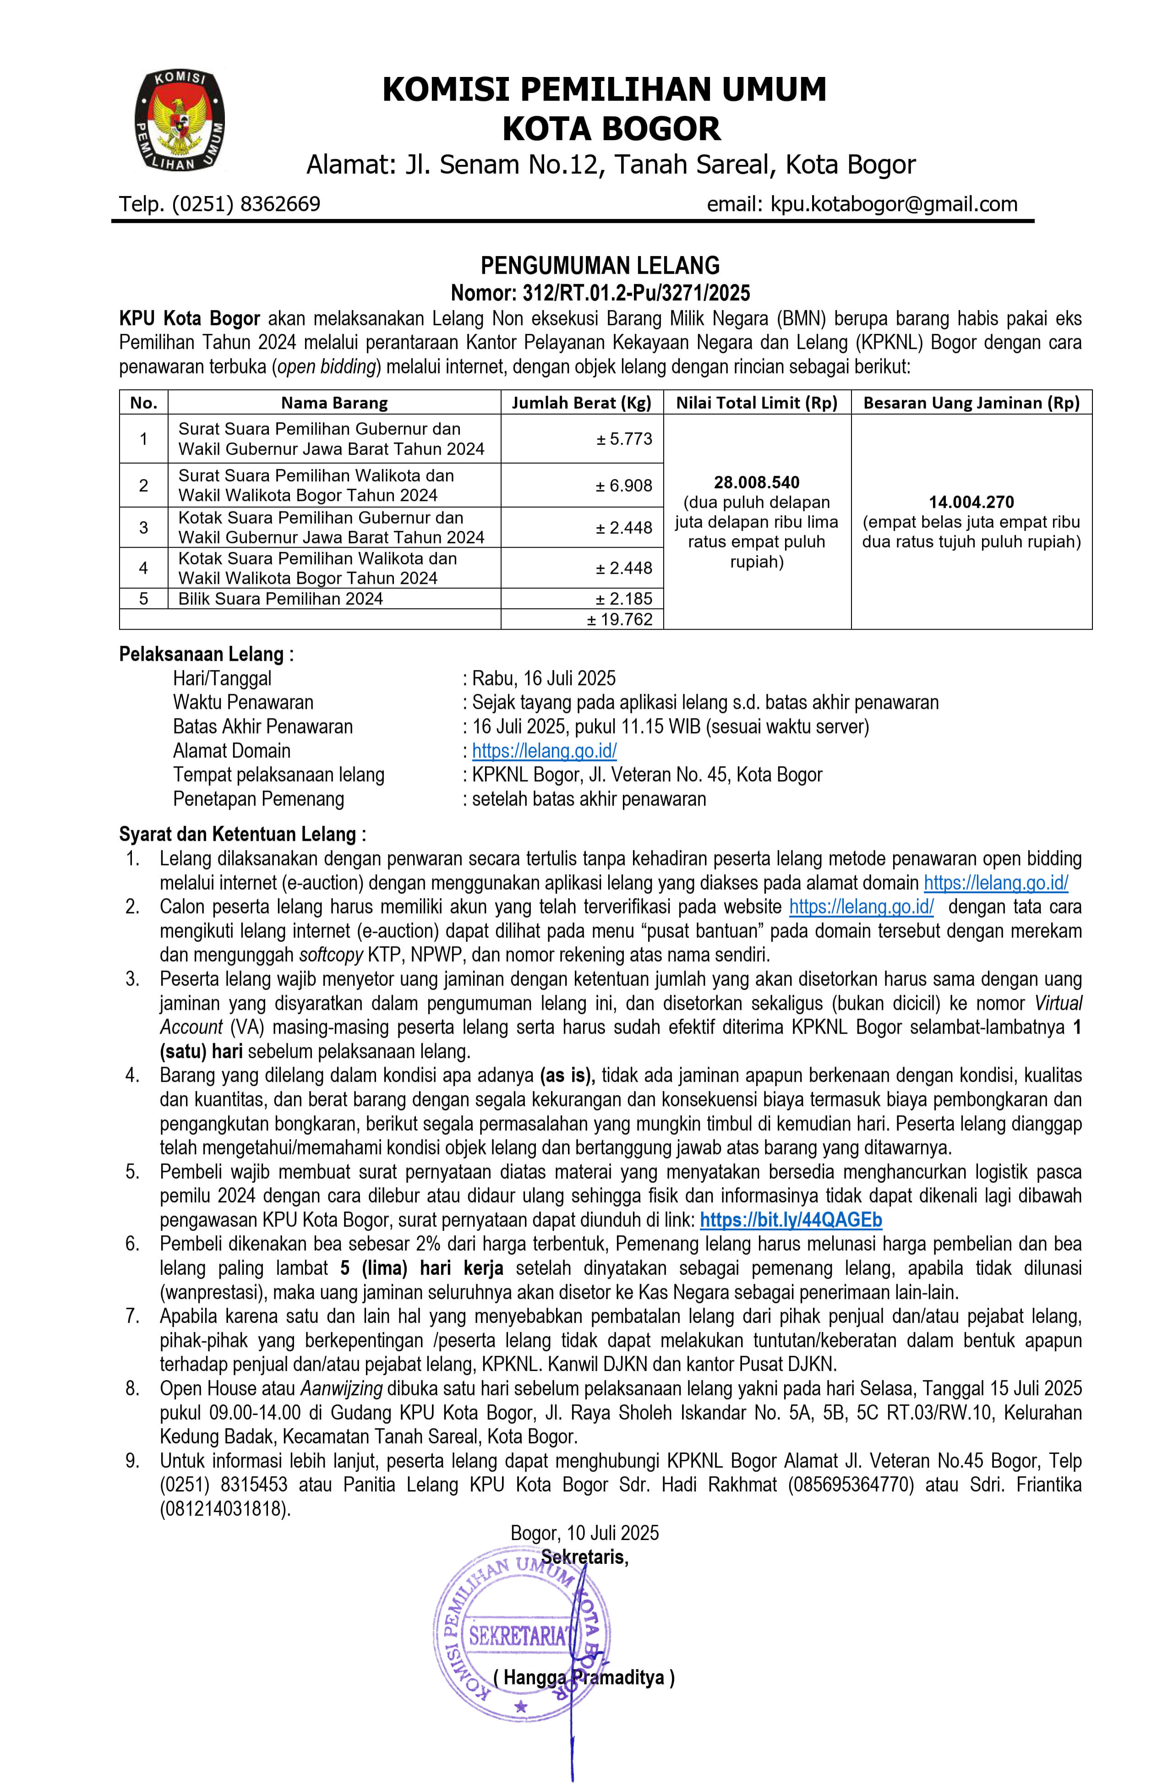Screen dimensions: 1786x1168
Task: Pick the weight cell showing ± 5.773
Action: pyautogui.click(x=624, y=439)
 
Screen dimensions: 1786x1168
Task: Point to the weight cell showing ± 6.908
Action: pyautogui.click(x=624, y=485)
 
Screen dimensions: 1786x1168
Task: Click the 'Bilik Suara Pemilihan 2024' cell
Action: pyautogui.click(x=281, y=599)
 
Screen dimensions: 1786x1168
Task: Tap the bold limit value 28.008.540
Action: pyautogui.click(x=757, y=483)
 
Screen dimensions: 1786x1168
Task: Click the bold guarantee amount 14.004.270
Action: pyautogui.click(x=972, y=502)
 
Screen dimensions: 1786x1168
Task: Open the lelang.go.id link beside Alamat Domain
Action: pyautogui.click(x=544, y=751)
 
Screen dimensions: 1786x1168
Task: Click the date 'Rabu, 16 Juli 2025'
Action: pyautogui.click(x=544, y=678)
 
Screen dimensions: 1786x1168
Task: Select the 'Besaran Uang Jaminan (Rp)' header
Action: pyautogui.click(x=972, y=403)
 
